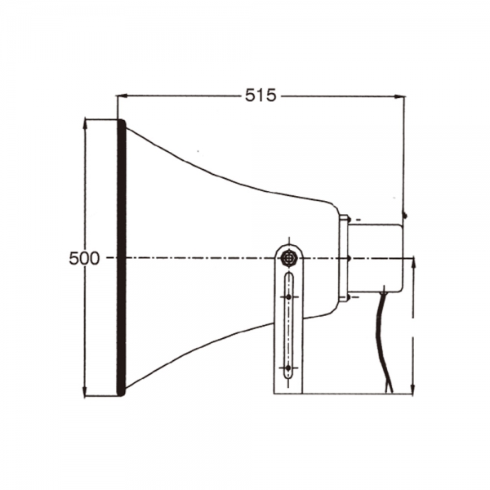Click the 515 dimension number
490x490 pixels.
click(261, 95)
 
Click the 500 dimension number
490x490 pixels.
click(84, 259)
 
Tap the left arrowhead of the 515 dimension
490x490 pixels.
click(122, 96)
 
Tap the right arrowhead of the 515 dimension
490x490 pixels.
click(399, 96)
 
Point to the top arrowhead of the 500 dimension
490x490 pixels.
click(85, 124)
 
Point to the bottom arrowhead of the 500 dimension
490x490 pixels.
click(85, 391)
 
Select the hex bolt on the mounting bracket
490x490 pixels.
click(289, 258)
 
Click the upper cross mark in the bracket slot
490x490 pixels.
click(289, 296)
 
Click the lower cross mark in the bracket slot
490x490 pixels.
click(288, 367)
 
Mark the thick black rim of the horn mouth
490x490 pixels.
click(121, 258)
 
